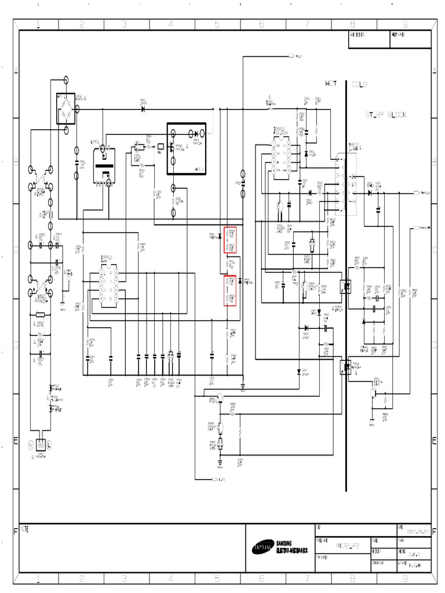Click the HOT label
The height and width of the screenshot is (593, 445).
pos(331,85)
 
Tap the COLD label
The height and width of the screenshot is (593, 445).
pos(359,85)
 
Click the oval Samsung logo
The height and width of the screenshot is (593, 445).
pos(261,547)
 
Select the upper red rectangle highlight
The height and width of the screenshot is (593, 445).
pos(230,240)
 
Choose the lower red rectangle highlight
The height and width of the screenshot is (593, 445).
pos(230,290)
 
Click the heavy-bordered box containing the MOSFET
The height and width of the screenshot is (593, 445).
pos(186,148)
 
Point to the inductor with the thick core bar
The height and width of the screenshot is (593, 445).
pos(104,167)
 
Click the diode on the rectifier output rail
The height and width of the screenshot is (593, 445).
pos(143,108)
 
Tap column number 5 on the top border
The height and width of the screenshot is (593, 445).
pos(217,24)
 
